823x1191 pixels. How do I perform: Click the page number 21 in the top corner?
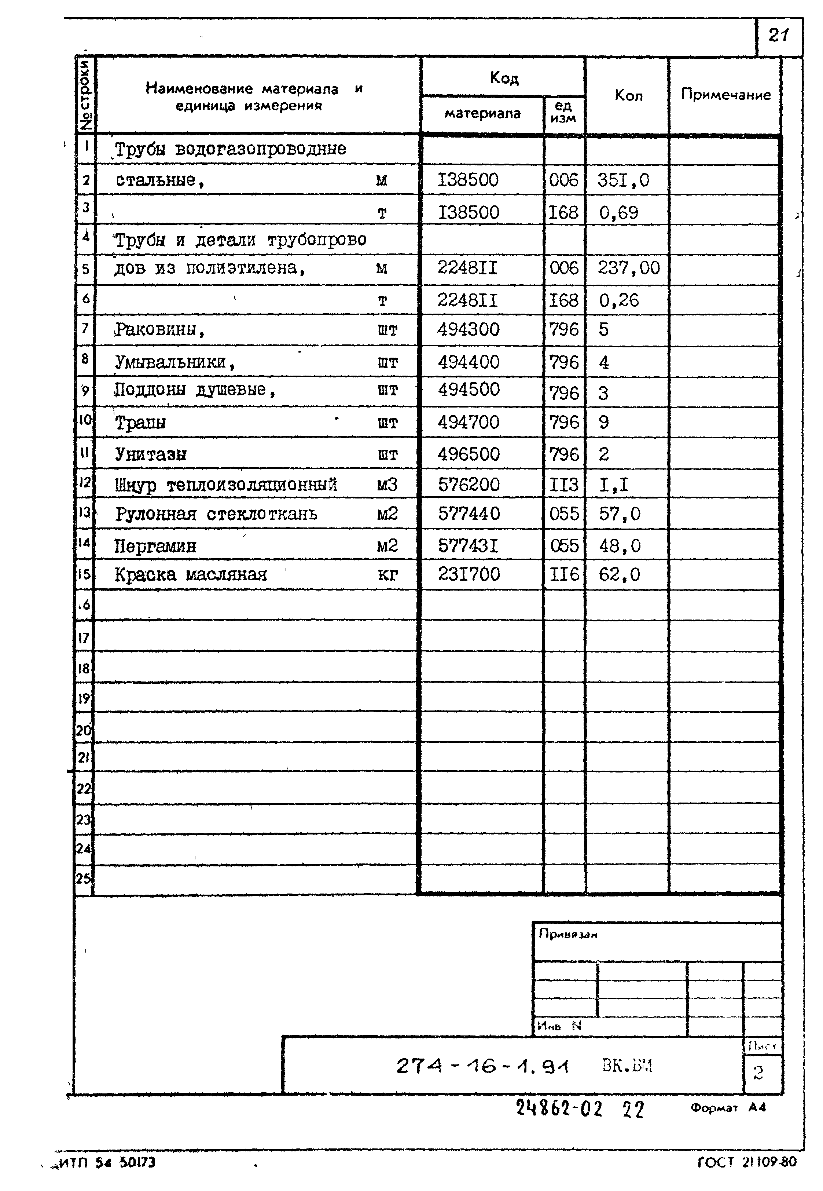pyautogui.click(x=778, y=35)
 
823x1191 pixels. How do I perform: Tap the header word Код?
pyautogui.click(x=503, y=78)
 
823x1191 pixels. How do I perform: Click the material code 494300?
pyautogui.click(x=468, y=329)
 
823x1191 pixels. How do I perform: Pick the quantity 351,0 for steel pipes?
pyautogui.click(x=623, y=180)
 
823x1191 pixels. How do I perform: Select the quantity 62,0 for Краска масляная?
pyautogui.click(x=619, y=574)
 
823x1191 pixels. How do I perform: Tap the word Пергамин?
pyautogui.click(x=155, y=546)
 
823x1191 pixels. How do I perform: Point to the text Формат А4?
pyautogui.click(x=728, y=1107)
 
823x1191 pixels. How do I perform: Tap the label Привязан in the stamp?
pyautogui.click(x=568, y=934)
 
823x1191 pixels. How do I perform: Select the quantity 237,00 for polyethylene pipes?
pyautogui.click(x=628, y=268)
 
